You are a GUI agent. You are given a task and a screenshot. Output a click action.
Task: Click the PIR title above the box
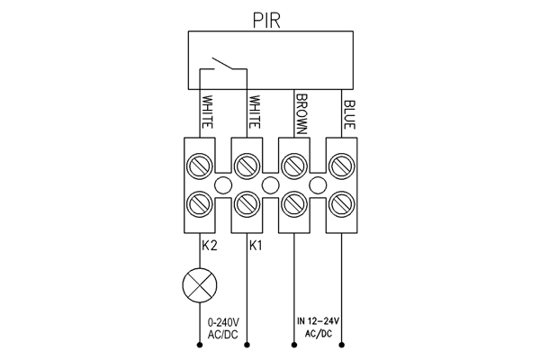(x=266, y=20)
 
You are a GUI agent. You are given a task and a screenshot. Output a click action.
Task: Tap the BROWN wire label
(x=301, y=113)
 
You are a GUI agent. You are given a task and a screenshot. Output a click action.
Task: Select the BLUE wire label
(x=349, y=114)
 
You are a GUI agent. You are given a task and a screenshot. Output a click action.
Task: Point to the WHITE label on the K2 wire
(x=207, y=112)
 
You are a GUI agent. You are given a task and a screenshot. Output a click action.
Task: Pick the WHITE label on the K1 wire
(x=254, y=112)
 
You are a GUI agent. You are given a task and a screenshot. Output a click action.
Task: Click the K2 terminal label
(x=210, y=246)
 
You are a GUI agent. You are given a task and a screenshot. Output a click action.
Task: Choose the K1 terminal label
(x=256, y=246)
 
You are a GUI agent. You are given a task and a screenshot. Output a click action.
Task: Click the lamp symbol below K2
(x=200, y=285)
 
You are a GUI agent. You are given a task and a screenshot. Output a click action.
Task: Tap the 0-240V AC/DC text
(x=223, y=328)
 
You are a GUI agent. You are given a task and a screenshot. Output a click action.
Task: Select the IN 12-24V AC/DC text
(x=319, y=328)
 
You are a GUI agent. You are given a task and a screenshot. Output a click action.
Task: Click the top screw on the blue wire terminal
(x=342, y=166)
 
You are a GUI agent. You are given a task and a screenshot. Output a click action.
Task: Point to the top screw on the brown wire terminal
(x=294, y=166)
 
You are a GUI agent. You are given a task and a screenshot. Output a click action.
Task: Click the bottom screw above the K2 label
(x=200, y=204)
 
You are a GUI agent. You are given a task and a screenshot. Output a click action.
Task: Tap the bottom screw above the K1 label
(x=247, y=204)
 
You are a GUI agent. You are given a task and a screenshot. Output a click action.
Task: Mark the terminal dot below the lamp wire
(x=200, y=345)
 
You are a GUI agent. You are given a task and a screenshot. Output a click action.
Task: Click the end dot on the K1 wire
(x=247, y=345)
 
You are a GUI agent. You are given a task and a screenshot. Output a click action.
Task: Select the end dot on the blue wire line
(x=342, y=345)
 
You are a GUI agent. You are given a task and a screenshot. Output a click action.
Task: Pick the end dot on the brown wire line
(x=294, y=345)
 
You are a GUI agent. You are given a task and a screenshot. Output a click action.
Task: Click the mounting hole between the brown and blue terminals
(x=318, y=185)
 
